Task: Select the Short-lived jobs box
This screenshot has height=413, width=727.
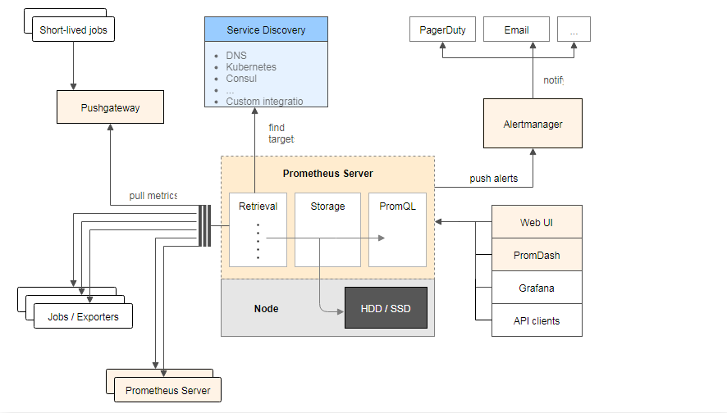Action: click(x=74, y=32)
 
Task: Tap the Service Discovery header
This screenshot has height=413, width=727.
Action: click(x=266, y=30)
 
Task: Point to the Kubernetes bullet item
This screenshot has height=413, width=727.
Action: click(x=251, y=67)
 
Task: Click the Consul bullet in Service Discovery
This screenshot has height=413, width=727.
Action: click(x=241, y=79)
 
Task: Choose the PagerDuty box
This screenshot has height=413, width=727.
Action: click(x=442, y=30)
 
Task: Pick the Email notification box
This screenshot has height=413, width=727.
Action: click(x=516, y=30)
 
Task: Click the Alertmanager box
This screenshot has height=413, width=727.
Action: click(x=533, y=124)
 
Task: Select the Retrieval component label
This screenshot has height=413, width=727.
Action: click(x=258, y=206)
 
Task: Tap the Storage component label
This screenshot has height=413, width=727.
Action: click(x=327, y=206)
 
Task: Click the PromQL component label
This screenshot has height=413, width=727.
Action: click(x=397, y=206)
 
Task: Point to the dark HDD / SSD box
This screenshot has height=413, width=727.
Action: click(x=386, y=308)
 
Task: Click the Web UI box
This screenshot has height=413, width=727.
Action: click(x=537, y=223)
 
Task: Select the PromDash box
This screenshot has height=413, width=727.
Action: click(x=537, y=255)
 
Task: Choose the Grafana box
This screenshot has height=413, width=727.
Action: click(x=537, y=288)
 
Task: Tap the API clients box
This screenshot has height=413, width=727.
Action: click(x=537, y=320)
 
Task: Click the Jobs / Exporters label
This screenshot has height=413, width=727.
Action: click(x=82, y=317)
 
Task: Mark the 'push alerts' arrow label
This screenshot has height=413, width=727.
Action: click(x=493, y=179)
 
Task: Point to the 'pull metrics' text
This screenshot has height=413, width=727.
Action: click(x=153, y=196)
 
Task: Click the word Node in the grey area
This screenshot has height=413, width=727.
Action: click(x=266, y=309)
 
